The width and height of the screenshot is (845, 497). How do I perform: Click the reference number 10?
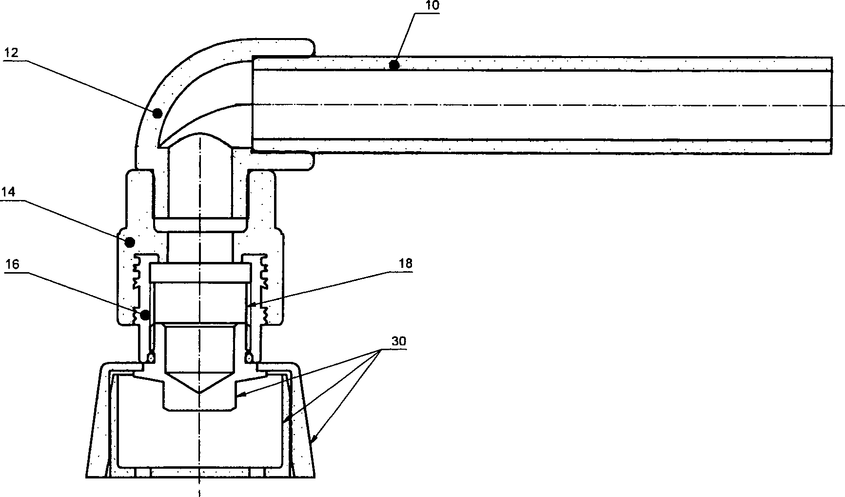pos(432,6)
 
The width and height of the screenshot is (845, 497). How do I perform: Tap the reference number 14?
pos(8,192)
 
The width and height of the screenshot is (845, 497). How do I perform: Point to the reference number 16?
pos(12,265)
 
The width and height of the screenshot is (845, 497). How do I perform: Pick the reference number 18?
pos(405,264)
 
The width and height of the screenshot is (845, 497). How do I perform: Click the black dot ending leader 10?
pos(394,64)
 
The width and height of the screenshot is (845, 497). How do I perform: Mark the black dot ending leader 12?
pos(157,114)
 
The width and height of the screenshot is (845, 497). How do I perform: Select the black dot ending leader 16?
pos(145,315)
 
